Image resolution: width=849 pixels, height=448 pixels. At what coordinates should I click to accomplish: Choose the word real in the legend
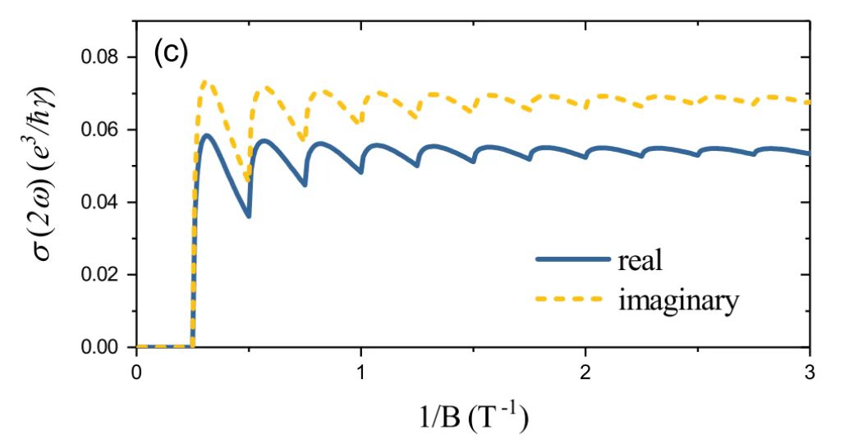pyautogui.click(x=639, y=261)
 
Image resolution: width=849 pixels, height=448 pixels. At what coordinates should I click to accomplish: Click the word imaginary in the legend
pyautogui.click(x=678, y=300)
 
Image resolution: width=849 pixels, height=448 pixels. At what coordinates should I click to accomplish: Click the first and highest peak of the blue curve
pyautogui.click(x=208, y=135)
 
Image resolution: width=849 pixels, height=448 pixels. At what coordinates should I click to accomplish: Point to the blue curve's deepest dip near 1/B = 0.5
pyautogui.click(x=248, y=216)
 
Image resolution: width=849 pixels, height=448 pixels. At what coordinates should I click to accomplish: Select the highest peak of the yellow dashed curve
pyautogui.click(x=206, y=82)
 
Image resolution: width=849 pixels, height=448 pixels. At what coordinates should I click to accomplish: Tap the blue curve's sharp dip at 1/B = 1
pyautogui.click(x=360, y=171)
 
